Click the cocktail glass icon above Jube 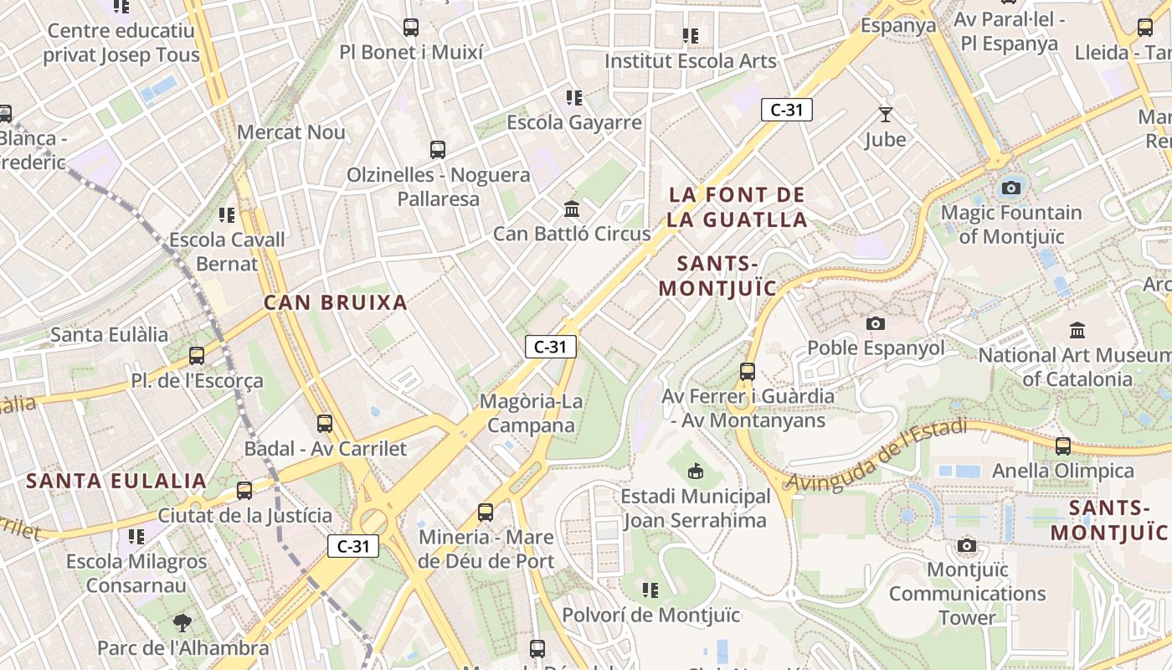(x=885, y=115)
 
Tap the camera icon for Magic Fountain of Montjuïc (x=1011, y=188)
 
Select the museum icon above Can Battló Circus (x=572, y=209)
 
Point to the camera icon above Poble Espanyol (x=876, y=323)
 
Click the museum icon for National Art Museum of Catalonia (x=1077, y=331)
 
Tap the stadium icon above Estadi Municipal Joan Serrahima (x=695, y=472)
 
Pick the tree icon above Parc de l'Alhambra (x=182, y=623)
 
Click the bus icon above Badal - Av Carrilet (x=325, y=425)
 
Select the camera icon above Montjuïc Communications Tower (x=967, y=546)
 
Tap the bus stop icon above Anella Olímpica (x=1063, y=446)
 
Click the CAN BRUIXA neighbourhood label (x=336, y=303)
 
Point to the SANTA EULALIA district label (x=116, y=482)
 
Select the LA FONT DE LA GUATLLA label (x=738, y=208)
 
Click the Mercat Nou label (x=291, y=132)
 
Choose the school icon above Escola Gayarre (x=573, y=98)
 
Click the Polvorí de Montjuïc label (x=650, y=616)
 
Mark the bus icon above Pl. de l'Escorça (x=197, y=356)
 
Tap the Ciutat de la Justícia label (x=245, y=516)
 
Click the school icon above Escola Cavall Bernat (x=227, y=215)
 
